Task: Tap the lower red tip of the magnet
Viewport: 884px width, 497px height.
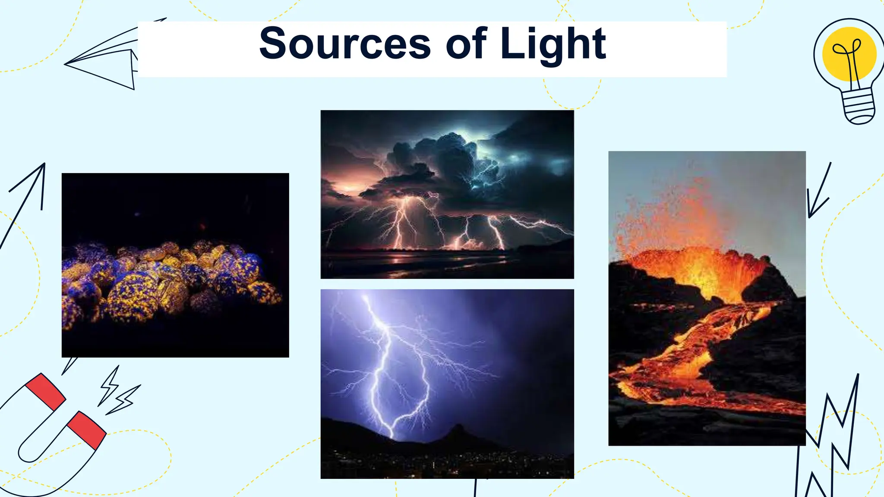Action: click(86, 429)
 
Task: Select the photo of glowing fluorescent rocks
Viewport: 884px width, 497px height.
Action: click(175, 265)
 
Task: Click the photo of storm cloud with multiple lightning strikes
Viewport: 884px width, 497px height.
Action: click(447, 194)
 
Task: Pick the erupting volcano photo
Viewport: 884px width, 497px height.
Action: click(707, 298)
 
